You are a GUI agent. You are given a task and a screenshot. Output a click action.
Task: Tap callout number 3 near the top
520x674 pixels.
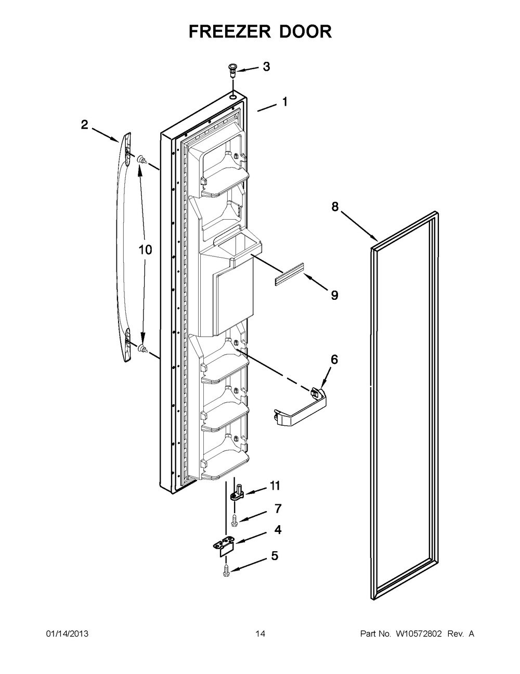pos(266,67)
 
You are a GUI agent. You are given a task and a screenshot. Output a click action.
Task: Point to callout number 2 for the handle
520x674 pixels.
pos(84,124)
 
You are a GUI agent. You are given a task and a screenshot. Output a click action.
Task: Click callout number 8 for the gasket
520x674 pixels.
pos(335,207)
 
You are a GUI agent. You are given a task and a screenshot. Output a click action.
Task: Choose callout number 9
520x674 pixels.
pos(334,295)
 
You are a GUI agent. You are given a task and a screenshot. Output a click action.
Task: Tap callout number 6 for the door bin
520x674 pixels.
pos(334,359)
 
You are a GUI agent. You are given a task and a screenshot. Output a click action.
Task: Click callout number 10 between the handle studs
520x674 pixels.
pos(145,250)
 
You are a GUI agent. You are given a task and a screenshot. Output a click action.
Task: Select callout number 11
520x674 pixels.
pos(275,486)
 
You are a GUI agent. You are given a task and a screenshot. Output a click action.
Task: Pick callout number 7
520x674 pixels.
pos(278,507)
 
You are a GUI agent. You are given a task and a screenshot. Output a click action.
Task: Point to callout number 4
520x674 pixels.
pos(278,530)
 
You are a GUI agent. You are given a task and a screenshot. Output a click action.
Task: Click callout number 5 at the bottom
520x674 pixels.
pos(274,556)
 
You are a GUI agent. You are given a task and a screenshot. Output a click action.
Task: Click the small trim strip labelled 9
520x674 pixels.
pos(289,278)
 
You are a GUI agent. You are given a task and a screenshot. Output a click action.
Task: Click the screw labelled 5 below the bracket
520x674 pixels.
pos(227,568)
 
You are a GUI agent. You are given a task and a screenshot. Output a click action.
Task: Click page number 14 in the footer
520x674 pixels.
pos(260,634)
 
